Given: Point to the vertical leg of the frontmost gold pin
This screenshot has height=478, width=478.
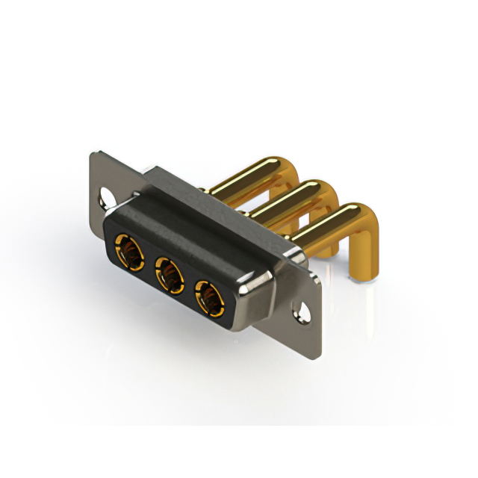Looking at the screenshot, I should point(361,250).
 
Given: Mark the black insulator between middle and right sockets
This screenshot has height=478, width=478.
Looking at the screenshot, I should point(187,288).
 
